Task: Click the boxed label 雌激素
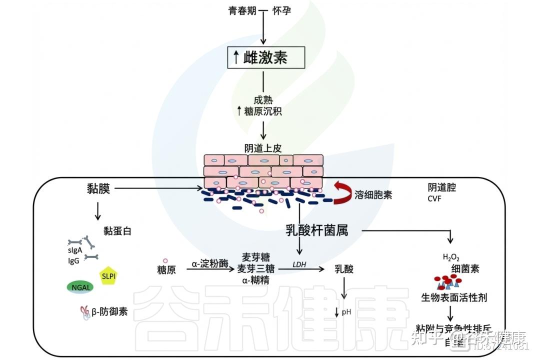tap(265, 57)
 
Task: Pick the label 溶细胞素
tap(373, 194)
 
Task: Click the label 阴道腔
tap(441, 187)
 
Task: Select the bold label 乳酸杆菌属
tap(316, 230)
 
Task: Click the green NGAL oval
tap(79, 287)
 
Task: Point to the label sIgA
tap(76, 251)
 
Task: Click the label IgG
tap(74, 260)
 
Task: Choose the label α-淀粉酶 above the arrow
tap(210, 263)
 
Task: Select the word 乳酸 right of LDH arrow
tap(344, 269)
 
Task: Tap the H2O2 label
tap(451, 257)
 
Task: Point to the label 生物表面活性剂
tap(454, 297)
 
